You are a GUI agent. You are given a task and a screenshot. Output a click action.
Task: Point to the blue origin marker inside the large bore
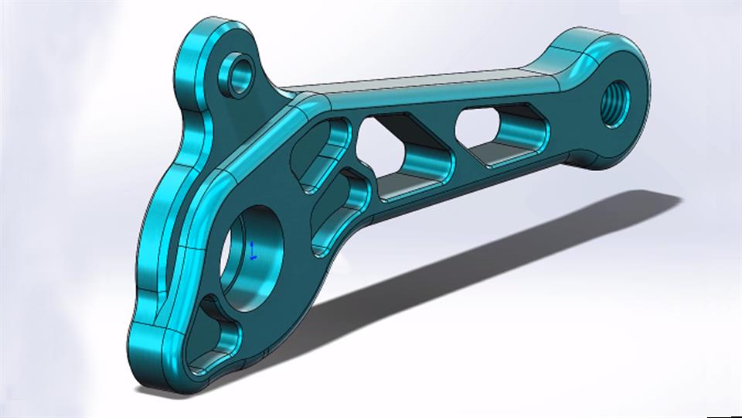253,249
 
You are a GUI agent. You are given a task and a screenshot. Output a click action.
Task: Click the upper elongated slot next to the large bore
320,153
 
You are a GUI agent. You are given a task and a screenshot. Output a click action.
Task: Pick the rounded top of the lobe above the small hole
216,31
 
